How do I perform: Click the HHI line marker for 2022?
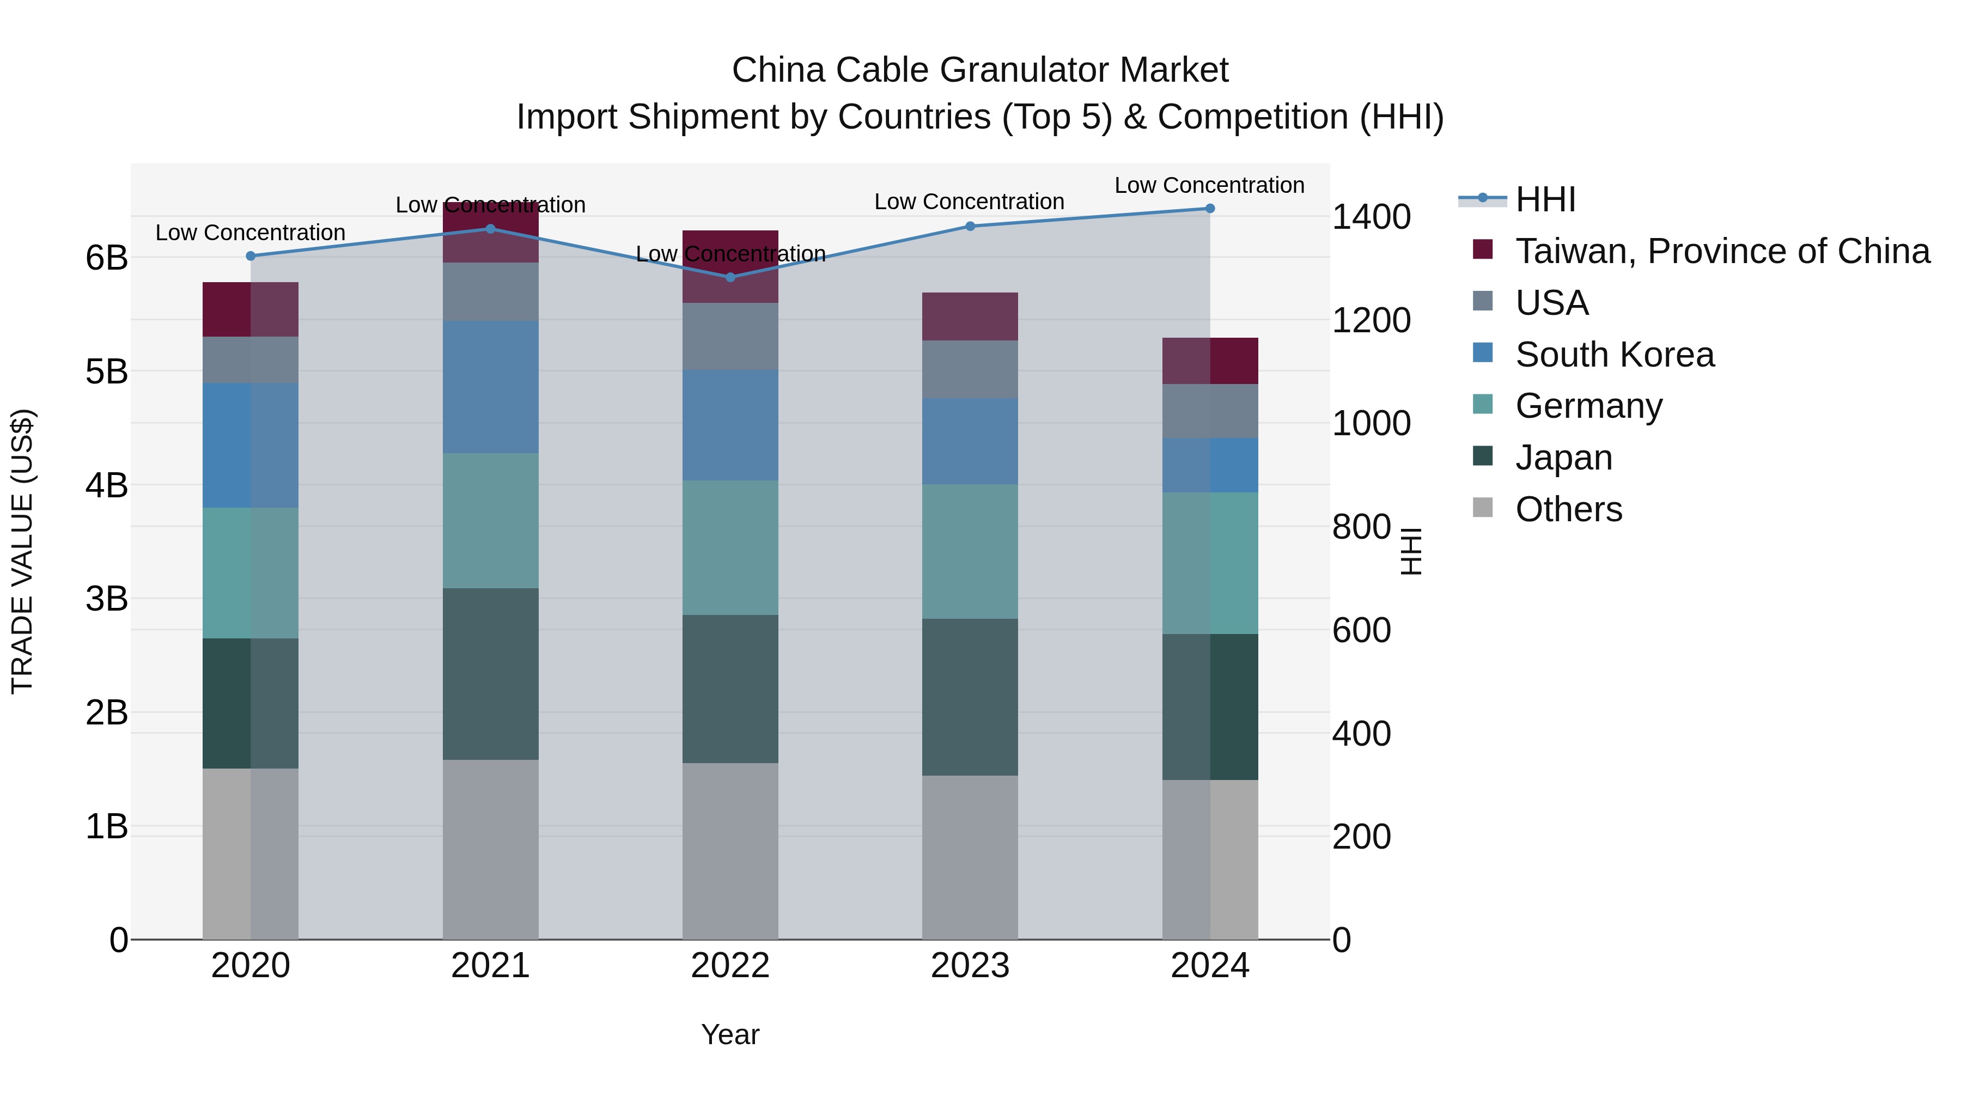click(730, 277)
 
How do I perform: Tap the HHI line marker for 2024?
click(1210, 209)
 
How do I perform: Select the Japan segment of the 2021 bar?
click(490, 674)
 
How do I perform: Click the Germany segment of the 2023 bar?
click(970, 551)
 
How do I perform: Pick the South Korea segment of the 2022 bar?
click(730, 425)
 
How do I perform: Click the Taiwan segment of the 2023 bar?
click(970, 316)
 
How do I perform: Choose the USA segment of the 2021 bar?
click(490, 291)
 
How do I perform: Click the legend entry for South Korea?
click(1614, 355)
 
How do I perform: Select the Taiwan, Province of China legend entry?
click(1722, 251)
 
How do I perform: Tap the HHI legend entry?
click(1545, 199)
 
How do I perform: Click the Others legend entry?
click(1568, 509)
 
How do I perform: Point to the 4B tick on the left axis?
click(107, 485)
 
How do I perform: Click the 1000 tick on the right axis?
click(1371, 423)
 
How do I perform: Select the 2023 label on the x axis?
click(970, 966)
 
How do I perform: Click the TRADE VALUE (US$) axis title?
click(23, 551)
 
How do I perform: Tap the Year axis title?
click(730, 1034)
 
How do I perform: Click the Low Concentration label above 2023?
click(969, 202)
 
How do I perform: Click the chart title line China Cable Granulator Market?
click(980, 70)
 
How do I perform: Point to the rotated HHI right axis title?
click(1411, 551)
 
